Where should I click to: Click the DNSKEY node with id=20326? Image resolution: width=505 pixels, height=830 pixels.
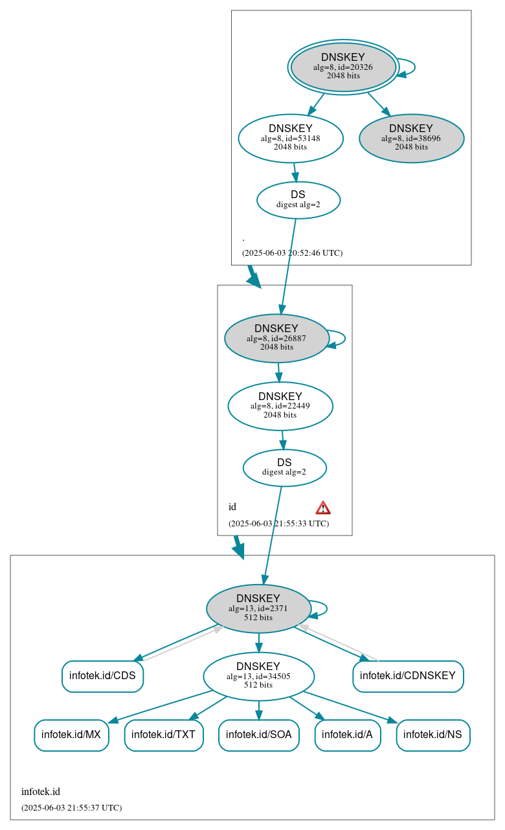tap(343, 67)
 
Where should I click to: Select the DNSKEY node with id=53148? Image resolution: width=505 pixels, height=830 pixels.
tap(291, 138)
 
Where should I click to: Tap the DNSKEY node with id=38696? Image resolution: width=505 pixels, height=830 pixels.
tap(411, 138)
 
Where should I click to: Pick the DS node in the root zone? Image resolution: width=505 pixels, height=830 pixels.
tap(298, 199)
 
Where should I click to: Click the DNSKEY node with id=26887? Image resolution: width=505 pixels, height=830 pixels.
tap(276, 338)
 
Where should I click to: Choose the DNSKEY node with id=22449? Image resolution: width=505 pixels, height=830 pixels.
tap(280, 406)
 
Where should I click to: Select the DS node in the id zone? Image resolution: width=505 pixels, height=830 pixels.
tap(284, 467)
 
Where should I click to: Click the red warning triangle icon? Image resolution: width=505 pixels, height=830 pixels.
tap(323, 508)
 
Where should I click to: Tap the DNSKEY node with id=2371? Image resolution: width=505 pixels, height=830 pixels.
tap(258, 608)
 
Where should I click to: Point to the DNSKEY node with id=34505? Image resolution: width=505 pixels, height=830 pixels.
tap(258, 676)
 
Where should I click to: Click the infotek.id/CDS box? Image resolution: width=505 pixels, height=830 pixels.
tap(102, 676)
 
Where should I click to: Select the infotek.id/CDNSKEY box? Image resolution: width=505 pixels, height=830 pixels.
tap(408, 676)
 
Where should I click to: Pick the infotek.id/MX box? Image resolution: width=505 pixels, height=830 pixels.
tap(71, 735)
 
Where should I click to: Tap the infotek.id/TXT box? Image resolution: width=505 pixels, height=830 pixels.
tap(164, 735)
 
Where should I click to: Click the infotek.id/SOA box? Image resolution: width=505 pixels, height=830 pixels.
tap(258, 735)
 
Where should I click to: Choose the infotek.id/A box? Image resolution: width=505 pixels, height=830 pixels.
tap(347, 735)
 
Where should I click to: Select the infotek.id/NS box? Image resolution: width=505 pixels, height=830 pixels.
tap(432, 735)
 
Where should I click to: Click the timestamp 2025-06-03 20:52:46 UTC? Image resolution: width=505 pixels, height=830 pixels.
tap(292, 253)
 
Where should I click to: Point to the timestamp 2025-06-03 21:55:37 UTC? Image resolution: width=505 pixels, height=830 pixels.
tap(71, 808)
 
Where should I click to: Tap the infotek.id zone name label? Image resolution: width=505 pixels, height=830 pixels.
tap(41, 792)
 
